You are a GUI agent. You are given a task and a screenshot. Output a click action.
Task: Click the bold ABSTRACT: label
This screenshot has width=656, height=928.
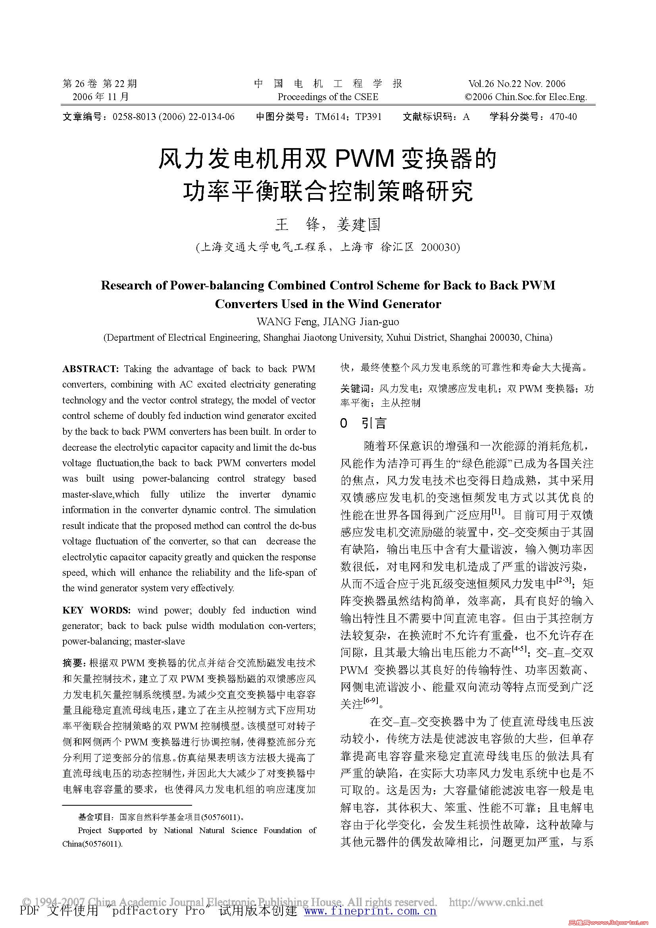tap(90, 368)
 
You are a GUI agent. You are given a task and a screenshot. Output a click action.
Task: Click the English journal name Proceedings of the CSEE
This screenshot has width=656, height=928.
tap(327, 97)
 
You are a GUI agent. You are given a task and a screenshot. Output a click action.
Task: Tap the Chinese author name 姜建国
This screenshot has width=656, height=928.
tap(359, 225)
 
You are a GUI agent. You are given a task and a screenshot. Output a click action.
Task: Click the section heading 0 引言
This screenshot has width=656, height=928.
tap(363, 423)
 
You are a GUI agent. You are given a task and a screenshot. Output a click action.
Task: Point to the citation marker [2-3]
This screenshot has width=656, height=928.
tap(564, 580)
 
